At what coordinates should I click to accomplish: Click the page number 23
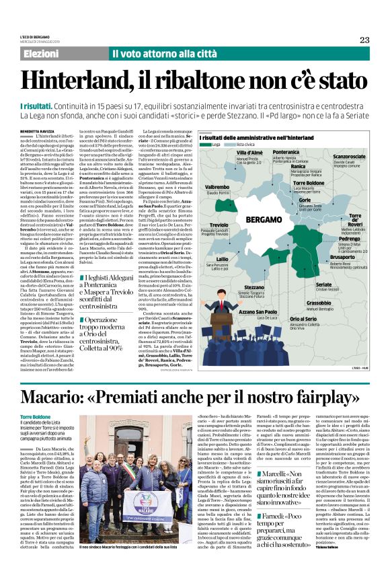point(364,40)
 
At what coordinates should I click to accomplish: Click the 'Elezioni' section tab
point(42,53)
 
